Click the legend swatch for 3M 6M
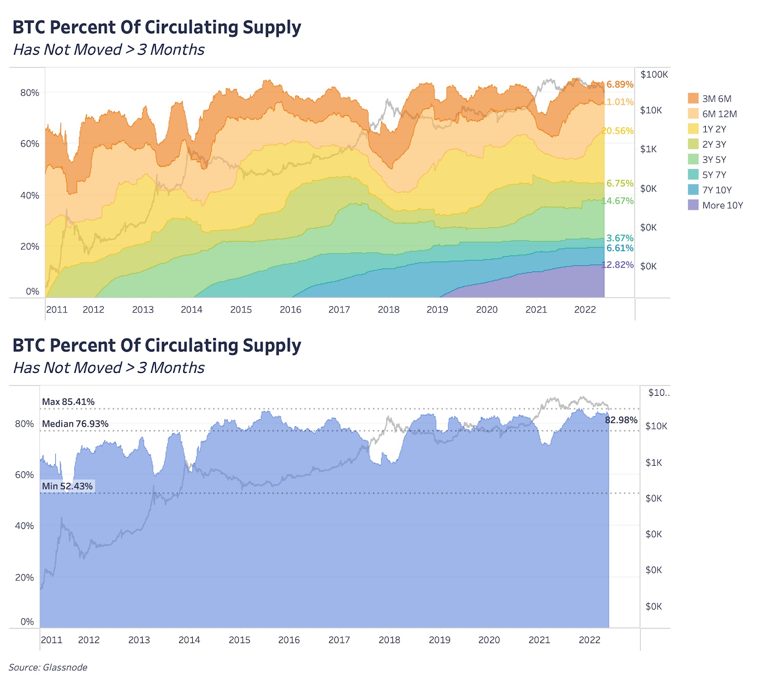(693, 98)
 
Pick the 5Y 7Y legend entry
(714, 175)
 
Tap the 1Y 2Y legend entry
(714, 129)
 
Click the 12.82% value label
(618, 265)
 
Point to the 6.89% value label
(620, 85)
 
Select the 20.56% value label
(618, 131)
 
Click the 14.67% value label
(618, 201)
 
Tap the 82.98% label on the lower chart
(621, 420)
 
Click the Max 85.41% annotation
(68, 402)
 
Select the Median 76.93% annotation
(75, 424)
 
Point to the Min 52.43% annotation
(67, 486)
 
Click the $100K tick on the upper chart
(654, 75)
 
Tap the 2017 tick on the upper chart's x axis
(339, 310)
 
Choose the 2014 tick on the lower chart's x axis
(189, 640)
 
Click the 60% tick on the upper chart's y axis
(29, 144)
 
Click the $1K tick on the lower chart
(654, 462)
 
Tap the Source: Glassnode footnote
(48, 667)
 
